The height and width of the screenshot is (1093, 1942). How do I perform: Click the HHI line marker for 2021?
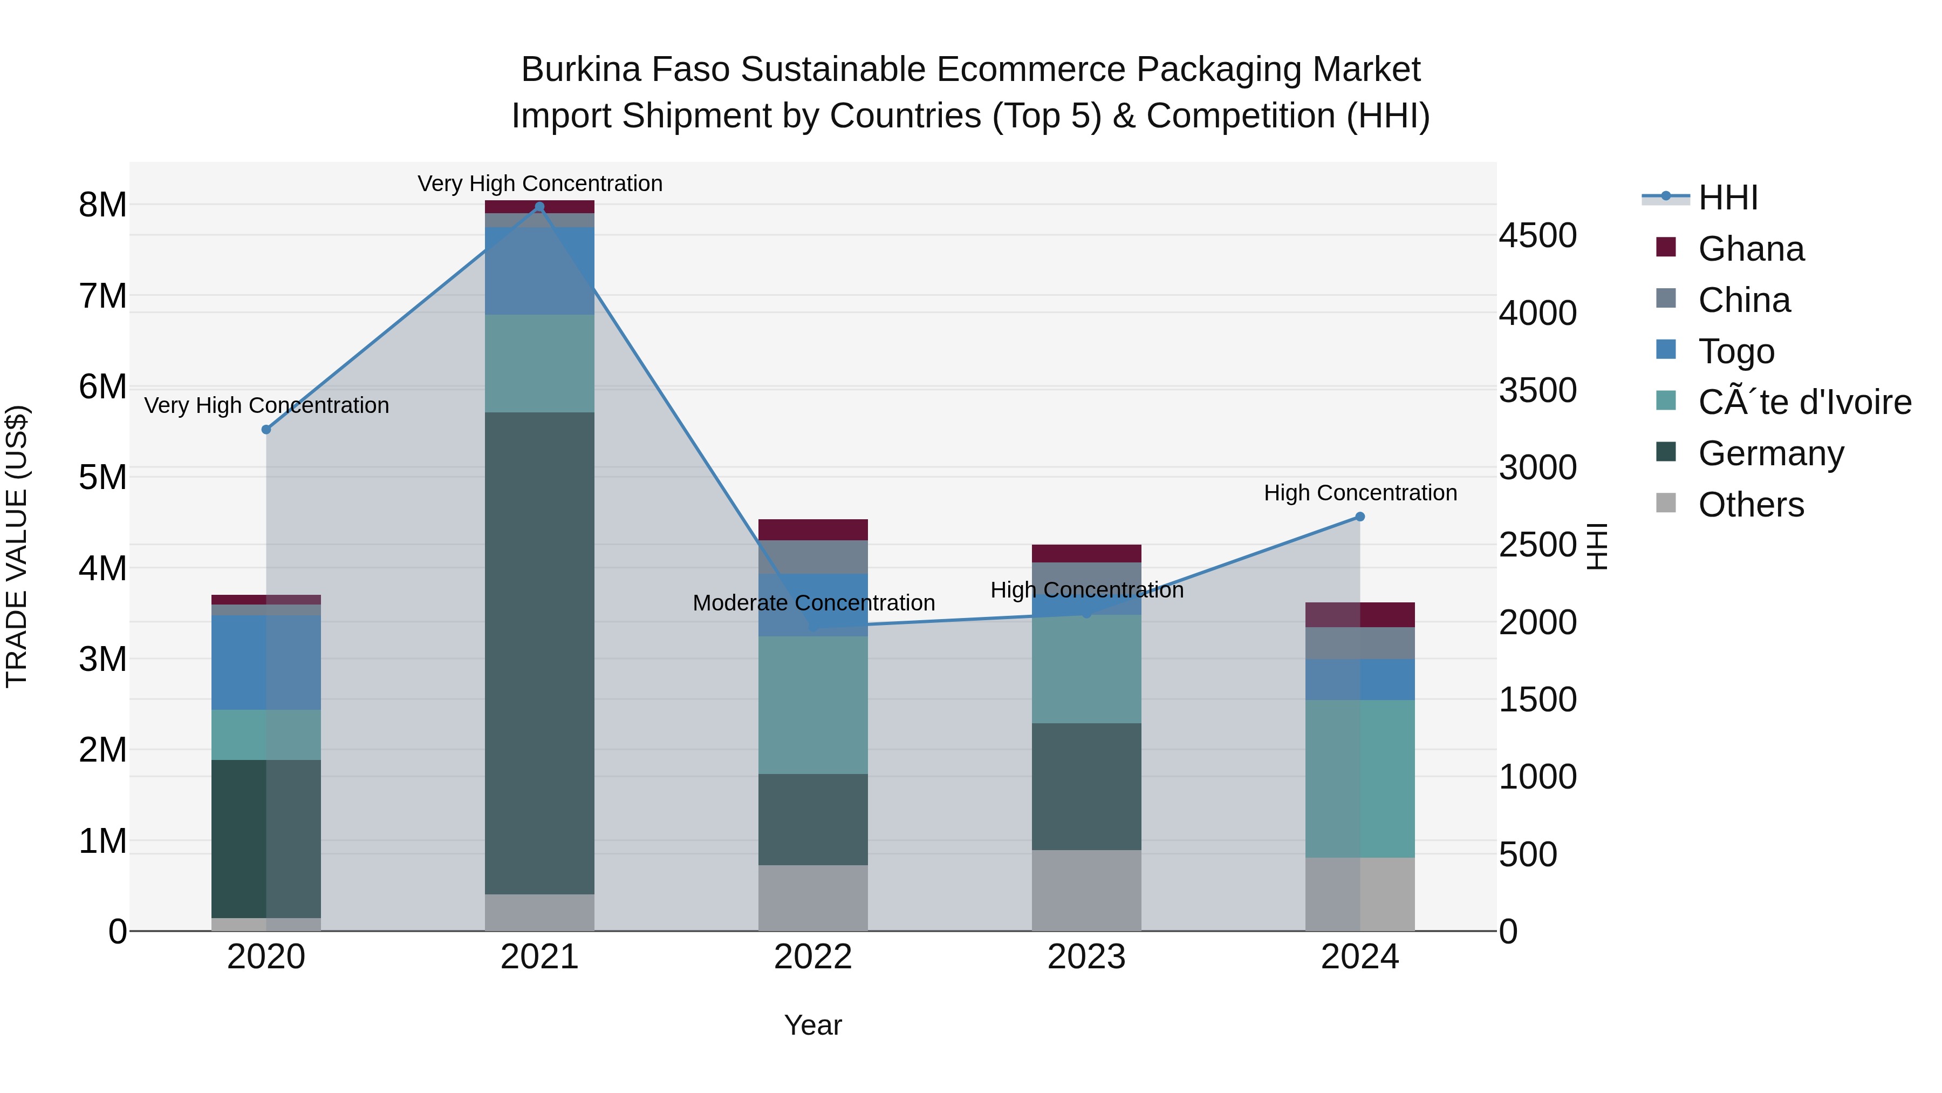click(x=539, y=207)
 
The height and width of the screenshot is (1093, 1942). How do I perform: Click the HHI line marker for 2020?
click(x=266, y=429)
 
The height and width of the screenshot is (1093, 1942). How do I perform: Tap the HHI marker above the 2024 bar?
click(x=1360, y=517)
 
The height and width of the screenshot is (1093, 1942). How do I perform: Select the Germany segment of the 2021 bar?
click(x=539, y=653)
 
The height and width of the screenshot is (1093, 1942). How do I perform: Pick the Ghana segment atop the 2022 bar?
click(x=813, y=529)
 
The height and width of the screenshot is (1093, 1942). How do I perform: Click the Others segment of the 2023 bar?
click(x=1086, y=890)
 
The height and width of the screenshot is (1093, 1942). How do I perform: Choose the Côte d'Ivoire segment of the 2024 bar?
click(x=1360, y=778)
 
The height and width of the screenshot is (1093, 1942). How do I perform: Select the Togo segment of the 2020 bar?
click(x=266, y=662)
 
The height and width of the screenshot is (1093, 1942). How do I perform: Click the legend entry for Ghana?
click(x=1750, y=249)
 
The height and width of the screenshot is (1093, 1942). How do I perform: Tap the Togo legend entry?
click(x=1735, y=351)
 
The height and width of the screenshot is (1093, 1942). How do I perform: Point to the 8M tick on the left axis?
click(x=103, y=205)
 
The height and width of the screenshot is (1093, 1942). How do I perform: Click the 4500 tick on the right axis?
click(x=1537, y=235)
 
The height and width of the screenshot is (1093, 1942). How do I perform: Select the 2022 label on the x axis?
click(x=813, y=956)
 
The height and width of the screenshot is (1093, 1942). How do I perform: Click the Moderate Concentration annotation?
click(x=813, y=603)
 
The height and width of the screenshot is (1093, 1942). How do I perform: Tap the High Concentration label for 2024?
click(x=1360, y=493)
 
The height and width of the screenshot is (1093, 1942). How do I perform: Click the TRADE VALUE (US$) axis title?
click(x=17, y=546)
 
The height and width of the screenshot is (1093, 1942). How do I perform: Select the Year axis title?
click(x=813, y=1025)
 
